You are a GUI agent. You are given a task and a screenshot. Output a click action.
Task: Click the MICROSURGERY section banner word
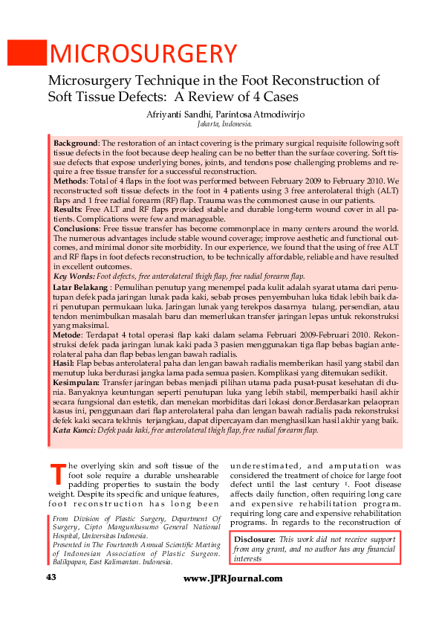[x=143, y=53]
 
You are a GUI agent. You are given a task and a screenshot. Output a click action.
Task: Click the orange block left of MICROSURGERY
[x=25, y=53]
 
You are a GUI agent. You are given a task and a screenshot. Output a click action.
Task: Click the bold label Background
[x=75, y=142]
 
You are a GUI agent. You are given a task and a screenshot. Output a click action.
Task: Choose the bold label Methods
[x=70, y=181]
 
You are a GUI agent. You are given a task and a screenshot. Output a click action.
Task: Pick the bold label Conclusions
[x=77, y=228]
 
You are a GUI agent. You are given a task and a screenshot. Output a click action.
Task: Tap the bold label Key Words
[x=74, y=275]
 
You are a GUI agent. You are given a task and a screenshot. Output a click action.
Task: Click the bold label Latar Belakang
[x=81, y=286]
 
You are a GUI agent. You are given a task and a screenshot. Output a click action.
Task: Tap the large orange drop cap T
[x=58, y=474]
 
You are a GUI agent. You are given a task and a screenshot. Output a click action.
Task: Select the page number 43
[x=51, y=578]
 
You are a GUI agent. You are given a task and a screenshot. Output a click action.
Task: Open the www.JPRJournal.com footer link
[x=233, y=578]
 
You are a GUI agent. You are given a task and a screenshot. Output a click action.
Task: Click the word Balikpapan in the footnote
[x=74, y=562]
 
